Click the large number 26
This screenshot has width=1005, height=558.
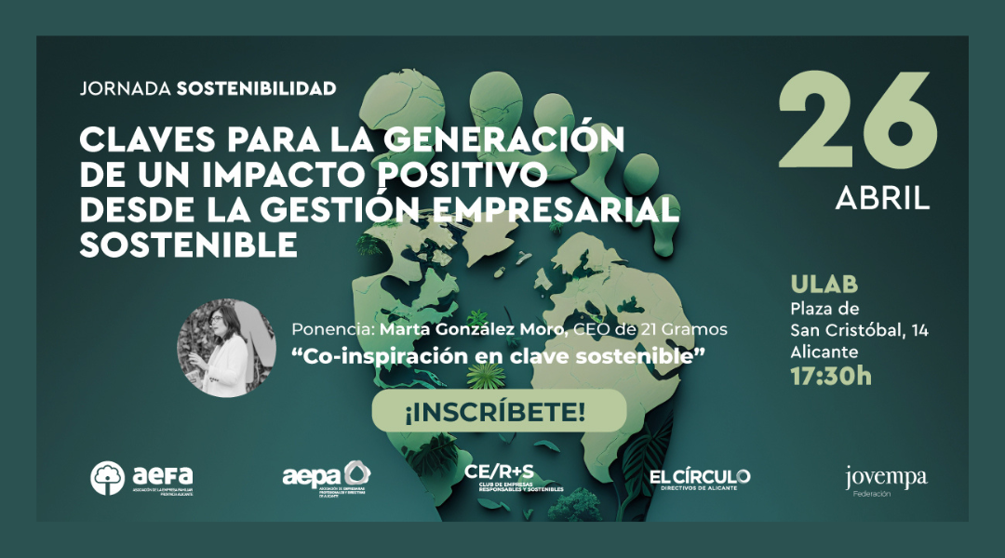[x=856, y=120]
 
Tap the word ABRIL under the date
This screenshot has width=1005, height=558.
[x=882, y=197]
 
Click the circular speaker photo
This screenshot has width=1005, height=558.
[x=226, y=348]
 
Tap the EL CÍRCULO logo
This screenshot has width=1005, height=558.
[x=700, y=478]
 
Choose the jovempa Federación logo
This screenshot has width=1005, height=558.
[x=885, y=481]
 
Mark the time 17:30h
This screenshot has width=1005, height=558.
[x=831, y=377]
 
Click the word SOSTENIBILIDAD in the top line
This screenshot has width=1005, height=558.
[x=256, y=89]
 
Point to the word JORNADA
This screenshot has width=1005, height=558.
[x=125, y=89]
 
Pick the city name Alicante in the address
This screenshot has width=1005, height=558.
[x=824, y=352]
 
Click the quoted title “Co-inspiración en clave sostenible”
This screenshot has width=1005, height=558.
[x=499, y=355]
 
